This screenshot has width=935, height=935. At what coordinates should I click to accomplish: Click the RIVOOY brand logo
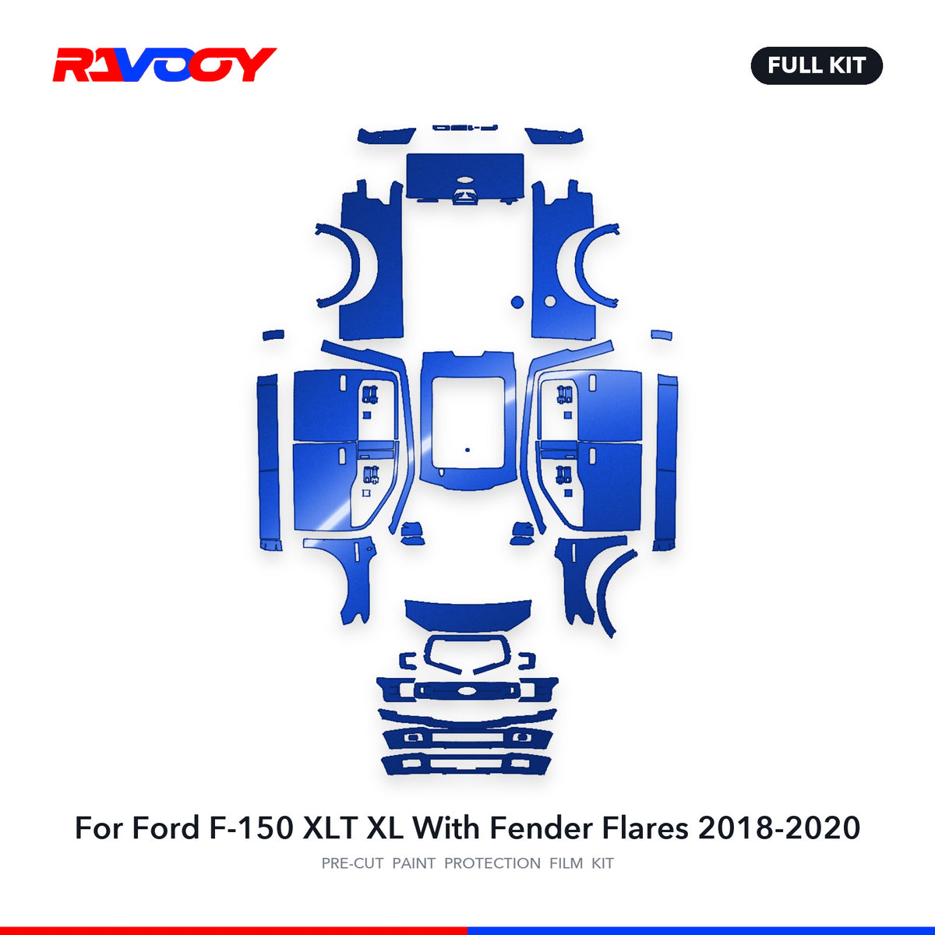[x=164, y=65]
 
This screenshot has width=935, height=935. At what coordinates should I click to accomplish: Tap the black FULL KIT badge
[x=816, y=65]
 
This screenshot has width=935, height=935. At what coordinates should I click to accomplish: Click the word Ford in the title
[x=165, y=827]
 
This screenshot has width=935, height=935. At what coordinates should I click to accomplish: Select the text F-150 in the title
[x=252, y=827]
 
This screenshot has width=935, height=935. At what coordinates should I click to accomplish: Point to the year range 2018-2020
[x=778, y=827]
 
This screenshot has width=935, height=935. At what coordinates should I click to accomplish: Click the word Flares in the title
[x=645, y=827]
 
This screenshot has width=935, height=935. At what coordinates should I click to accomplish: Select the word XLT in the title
[x=330, y=827]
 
